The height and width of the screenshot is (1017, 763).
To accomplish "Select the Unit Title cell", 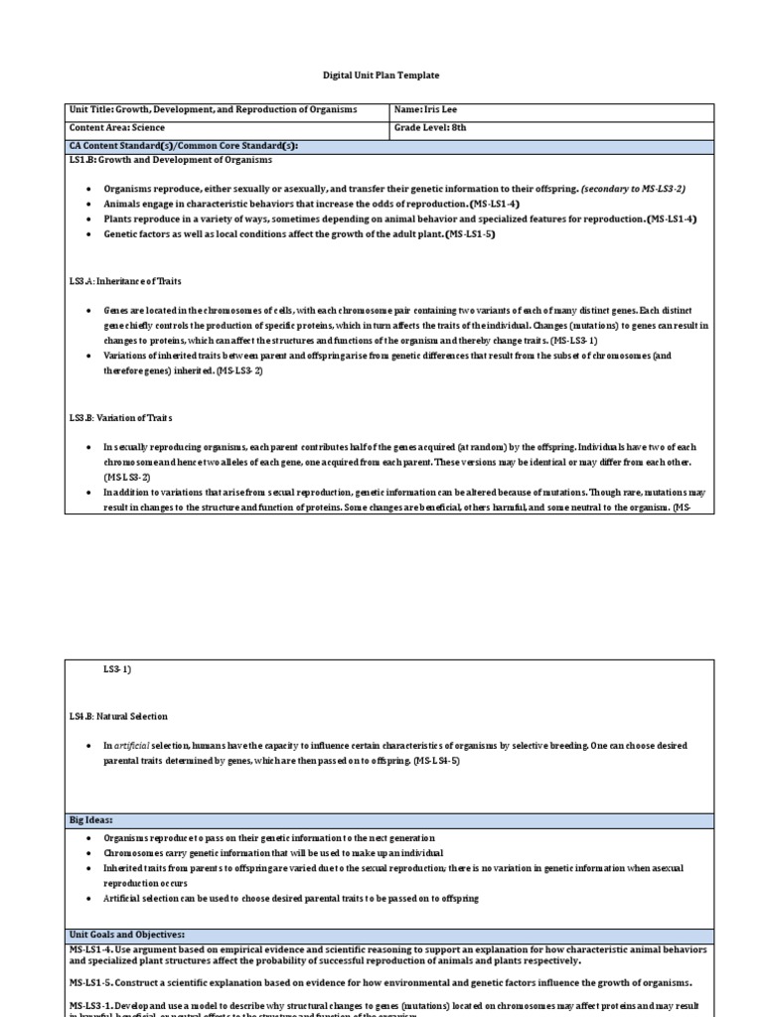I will click(213, 110).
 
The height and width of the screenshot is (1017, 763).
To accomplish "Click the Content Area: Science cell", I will click(117, 128).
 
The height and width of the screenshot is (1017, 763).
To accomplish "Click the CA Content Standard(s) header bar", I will click(183, 146).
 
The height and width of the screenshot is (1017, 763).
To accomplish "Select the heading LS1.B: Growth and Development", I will click(170, 160).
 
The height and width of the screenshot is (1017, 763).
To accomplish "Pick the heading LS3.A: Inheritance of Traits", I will click(125, 282).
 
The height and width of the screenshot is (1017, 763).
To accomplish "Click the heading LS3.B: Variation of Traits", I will click(121, 418).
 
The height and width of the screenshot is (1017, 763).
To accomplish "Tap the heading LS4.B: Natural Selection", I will click(118, 716).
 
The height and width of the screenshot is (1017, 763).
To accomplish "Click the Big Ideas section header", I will click(90, 820).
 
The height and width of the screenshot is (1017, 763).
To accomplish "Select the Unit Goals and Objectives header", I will click(127, 935).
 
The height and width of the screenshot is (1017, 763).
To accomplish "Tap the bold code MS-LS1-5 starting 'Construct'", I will click(94, 982).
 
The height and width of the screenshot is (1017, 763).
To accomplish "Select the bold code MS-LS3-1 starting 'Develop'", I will click(94, 1006).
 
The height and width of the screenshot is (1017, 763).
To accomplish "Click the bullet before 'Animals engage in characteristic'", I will click(88, 204).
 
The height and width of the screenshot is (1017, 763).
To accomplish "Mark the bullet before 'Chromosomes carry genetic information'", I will click(88, 853).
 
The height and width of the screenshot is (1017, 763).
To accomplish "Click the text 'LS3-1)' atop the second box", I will click(117, 670).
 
